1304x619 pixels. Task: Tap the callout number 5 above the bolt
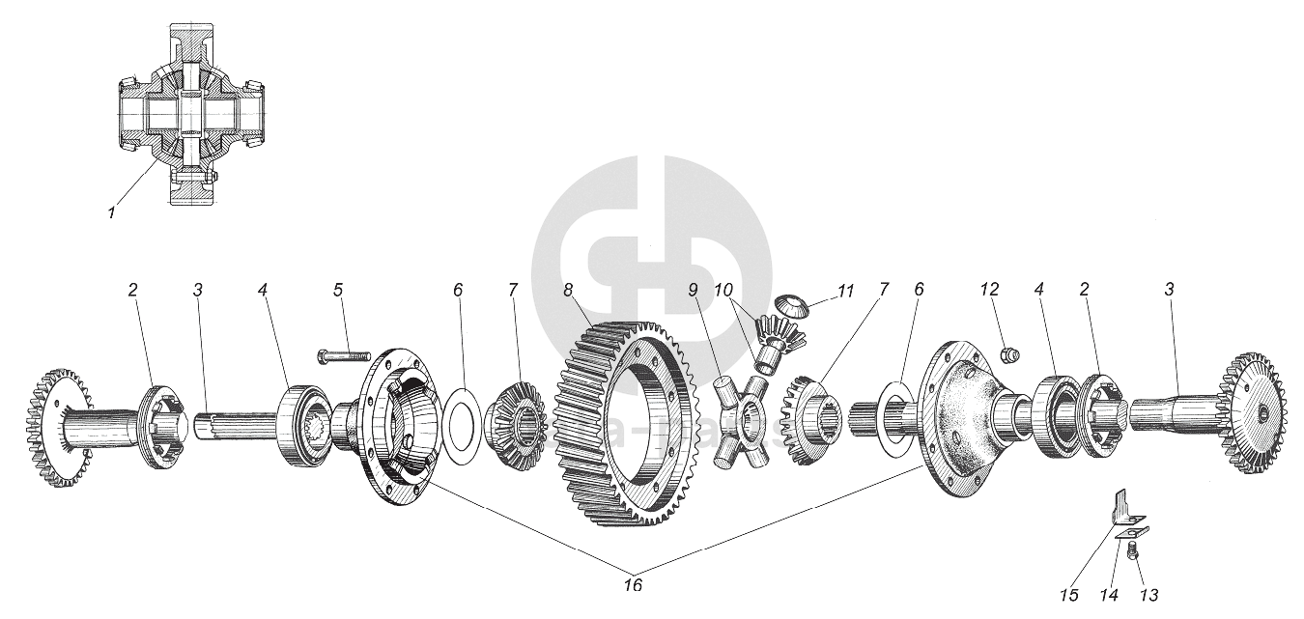[338, 290]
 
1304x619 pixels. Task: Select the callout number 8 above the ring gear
[568, 290]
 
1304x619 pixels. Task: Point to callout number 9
[693, 290]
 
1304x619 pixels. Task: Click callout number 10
[723, 290]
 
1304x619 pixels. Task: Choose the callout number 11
[846, 290]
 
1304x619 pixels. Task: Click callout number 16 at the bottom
[633, 585]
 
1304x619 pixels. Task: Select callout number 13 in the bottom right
[1149, 595]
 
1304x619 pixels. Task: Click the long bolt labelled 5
[344, 358]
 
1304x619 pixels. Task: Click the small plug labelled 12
[1009, 355]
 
